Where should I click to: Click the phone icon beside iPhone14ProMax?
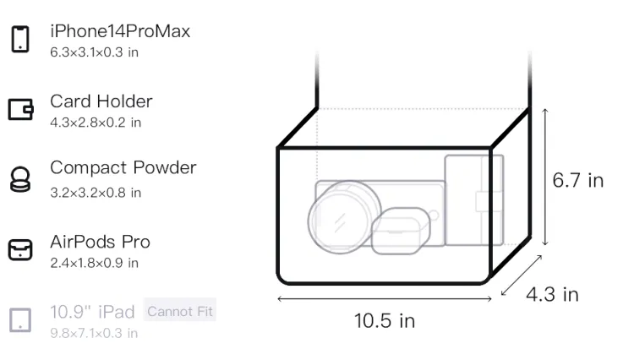(x=20, y=39)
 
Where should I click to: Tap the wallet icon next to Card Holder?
(x=20, y=110)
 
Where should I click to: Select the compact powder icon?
(x=19, y=179)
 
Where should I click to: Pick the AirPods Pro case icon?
(x=20, y=249)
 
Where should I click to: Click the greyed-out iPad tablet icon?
(x=20, y=320)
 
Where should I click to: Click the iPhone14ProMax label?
(x=120, y=31)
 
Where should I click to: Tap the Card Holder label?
(x=101, y=101)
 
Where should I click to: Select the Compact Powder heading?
(x=123, y=167)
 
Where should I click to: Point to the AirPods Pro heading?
(x=101, y=242)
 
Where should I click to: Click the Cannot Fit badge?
(x=180, y=311)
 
